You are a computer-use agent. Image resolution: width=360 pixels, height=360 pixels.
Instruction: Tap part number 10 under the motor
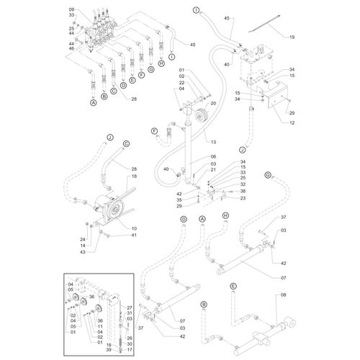pos(135,228)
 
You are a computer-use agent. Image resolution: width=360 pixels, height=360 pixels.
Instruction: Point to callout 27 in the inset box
pos(130,307)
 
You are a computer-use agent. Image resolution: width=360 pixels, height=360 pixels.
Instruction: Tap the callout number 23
pos(243,198)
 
